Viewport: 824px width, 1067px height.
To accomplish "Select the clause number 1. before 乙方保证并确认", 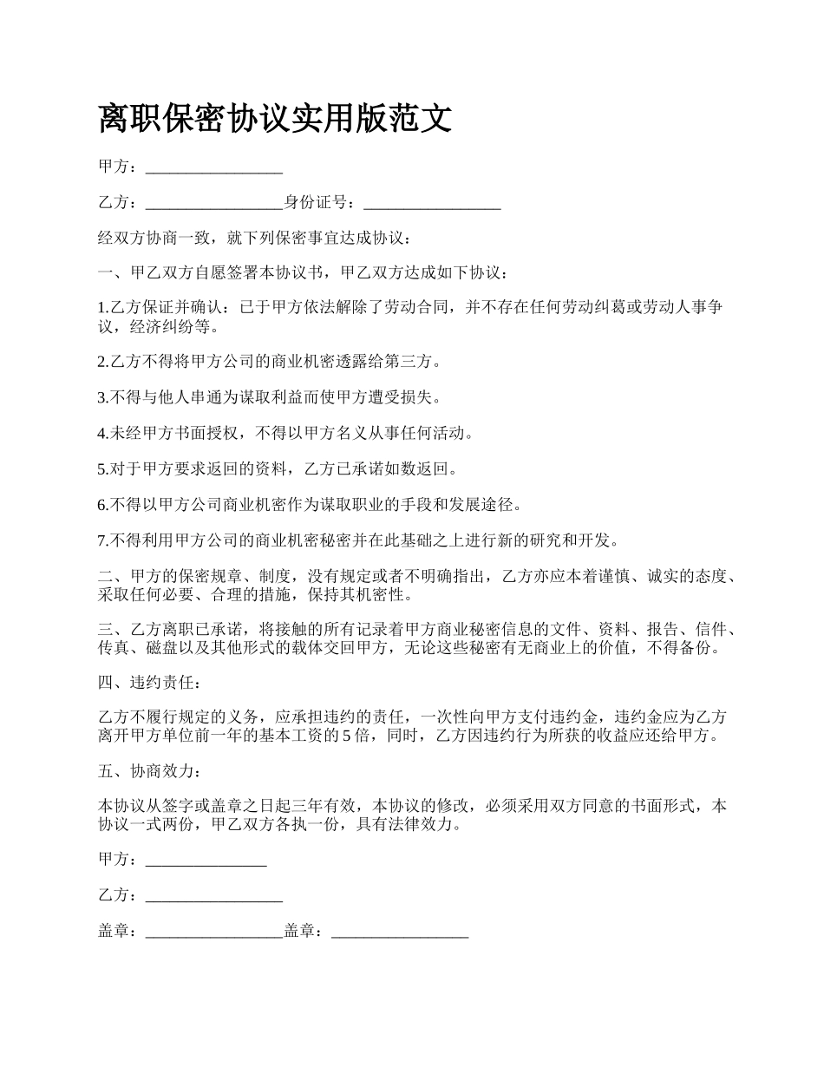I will tap(102, 308).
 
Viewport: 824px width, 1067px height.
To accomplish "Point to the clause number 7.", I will tap(102, 540).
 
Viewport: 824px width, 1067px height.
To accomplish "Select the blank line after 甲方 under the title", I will tap(214, 167).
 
